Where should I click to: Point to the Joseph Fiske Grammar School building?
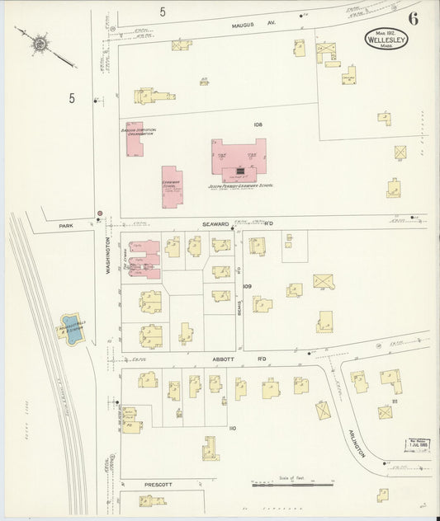pos(240,157)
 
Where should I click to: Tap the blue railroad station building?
pos(70,327)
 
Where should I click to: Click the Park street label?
pos(67,223)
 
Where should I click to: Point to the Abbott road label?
pos(224,359)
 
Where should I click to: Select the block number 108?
pos(258,124)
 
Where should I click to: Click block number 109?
pos(247,286)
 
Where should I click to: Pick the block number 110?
pos(232,428)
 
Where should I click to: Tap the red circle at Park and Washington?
pos(100,214)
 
